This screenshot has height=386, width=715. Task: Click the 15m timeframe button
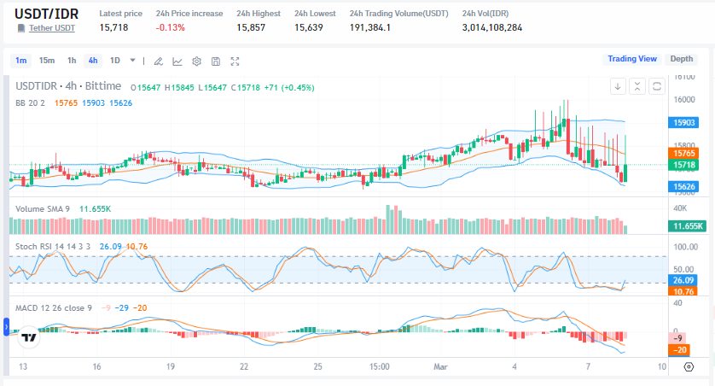click(47, 60)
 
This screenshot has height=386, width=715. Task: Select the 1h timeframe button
click(72, 60)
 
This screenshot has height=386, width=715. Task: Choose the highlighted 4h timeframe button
click(92, 60)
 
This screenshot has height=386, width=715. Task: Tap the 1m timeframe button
click(21, 60)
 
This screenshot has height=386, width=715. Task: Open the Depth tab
click(681, 59)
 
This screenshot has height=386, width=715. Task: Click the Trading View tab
click(631, 59)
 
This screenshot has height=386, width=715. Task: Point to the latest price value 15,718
click(113, 28)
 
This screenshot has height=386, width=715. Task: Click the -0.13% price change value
click(171, 28)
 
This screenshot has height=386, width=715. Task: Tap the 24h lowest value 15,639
click(309, 28)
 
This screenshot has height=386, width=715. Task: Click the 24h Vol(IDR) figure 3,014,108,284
click(491, 28)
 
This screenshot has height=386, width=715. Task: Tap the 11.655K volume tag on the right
click(686, 225)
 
